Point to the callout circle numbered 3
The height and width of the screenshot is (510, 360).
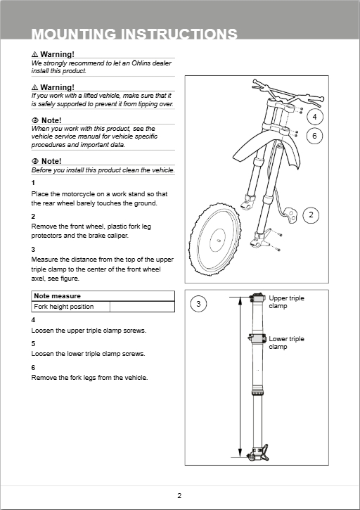[x=198, y=304]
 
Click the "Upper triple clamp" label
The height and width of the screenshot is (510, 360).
[x=286, y=302]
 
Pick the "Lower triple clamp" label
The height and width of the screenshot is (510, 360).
[x=286, y=343]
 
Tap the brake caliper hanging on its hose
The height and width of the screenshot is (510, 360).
[x=291, y=215]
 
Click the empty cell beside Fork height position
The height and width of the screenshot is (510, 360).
[x=142, y=307]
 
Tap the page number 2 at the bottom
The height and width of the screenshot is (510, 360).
[x=179, y=496]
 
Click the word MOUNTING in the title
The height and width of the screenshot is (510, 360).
[x=74, y=34]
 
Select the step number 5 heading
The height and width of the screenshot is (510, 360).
[x=33, y=344]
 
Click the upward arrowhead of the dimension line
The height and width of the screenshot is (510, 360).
[x=240, y=302]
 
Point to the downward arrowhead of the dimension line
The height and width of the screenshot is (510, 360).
[x=240, y=453]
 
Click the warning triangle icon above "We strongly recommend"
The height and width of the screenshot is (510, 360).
[x=34, y=54]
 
